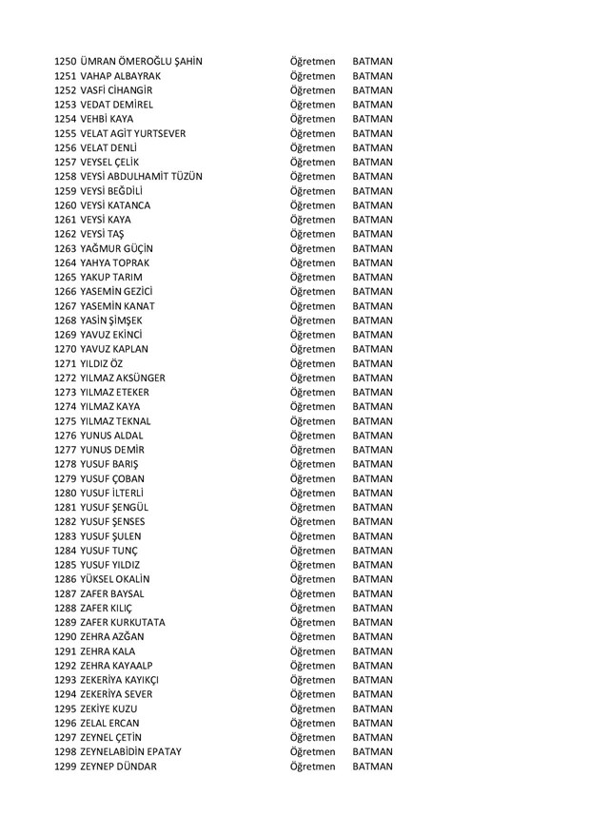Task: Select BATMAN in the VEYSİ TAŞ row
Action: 372,234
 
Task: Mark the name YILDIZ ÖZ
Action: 102,363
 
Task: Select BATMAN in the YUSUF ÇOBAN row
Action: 372,478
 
